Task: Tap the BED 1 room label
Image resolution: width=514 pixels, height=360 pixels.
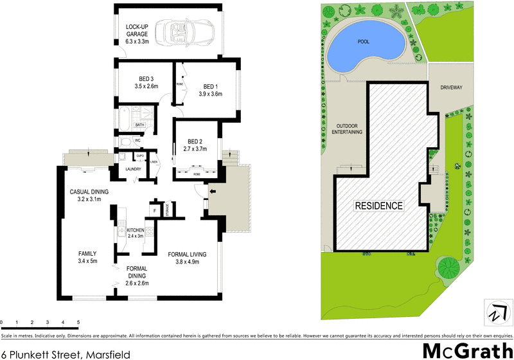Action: coord(211,91)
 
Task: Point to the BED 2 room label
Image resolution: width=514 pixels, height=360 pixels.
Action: coord(195,145)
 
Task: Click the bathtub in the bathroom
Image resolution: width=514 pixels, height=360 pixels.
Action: coord(124,120)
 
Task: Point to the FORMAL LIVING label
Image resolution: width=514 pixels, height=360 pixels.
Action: coord(187,258)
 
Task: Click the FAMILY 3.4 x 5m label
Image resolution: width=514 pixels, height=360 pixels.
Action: coord(87,257)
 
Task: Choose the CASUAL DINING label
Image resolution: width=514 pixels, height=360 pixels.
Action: coord(89,195)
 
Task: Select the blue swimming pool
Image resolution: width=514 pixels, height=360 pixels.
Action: coord(364,46)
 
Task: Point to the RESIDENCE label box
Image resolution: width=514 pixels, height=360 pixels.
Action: coord(380,206)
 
